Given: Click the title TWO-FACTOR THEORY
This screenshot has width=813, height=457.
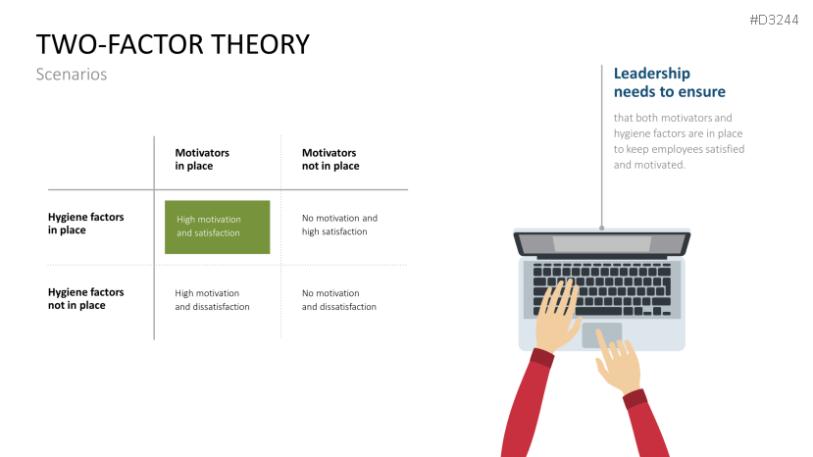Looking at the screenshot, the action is [173, 44].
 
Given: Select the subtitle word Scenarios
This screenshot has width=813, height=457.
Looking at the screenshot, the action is [71, 75].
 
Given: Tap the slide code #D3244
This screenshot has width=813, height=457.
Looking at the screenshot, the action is [774, 21].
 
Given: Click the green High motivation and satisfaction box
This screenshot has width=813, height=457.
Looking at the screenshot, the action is [218, 227].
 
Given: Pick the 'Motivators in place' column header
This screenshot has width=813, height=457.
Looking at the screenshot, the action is [202, 159].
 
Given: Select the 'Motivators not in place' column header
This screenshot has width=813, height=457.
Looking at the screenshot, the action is [330, 159].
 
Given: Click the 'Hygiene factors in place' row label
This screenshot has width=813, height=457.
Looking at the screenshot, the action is [85, 223].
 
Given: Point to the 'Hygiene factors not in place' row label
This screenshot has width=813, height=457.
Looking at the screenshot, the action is [85, 298].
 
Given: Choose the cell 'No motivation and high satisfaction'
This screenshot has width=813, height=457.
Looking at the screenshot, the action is [339, 225].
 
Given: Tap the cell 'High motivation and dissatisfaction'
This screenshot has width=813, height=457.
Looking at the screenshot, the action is [212, 300].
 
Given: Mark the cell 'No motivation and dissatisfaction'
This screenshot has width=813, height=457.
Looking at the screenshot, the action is [339, 300].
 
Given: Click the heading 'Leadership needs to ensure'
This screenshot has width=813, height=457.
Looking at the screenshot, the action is [670, 82].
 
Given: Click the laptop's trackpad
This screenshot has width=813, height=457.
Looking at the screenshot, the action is [601, 335].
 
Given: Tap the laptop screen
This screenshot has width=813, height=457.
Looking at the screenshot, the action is [602, 243].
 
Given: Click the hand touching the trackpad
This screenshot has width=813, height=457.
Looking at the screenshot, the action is [617, 362].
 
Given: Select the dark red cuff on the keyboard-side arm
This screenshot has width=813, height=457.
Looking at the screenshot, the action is [541, 358].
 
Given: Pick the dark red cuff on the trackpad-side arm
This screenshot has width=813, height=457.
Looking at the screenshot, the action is [635, 399].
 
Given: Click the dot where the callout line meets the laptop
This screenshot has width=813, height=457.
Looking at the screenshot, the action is [601, 228].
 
